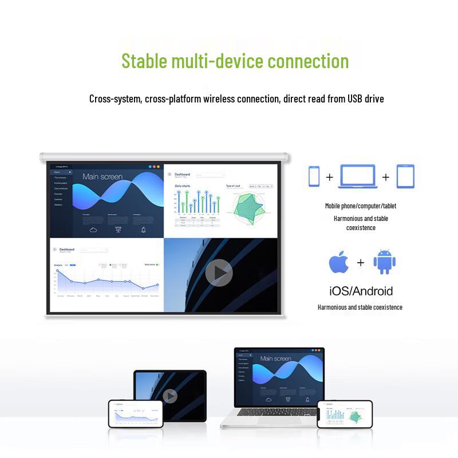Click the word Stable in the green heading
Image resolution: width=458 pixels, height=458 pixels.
[x=145, y=61]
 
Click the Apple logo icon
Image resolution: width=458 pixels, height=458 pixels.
[x=338, y=263]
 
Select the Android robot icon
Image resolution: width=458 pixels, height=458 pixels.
[x=384, y=262]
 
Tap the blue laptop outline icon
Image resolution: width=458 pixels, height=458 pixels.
[x=357, y=176]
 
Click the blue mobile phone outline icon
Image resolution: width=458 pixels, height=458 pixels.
[x=314, y=176]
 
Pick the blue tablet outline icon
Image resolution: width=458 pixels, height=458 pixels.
[x=405, y=176]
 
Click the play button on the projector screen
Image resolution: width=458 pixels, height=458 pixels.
[x=219, y=273]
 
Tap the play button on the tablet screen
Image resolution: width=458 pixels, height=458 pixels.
[x=170, y=396]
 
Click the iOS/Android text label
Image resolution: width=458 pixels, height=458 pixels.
[x=361, y=290]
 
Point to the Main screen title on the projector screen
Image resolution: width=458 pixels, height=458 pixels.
[x=102, y=176]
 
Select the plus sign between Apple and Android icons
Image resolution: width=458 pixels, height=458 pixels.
[x=361, y=263]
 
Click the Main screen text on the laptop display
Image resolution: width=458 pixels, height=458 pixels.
[x=276, y=358]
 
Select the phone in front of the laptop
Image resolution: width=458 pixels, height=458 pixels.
[x=345, y=413]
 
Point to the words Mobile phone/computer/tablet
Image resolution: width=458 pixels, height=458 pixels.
[x=361, y=206]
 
